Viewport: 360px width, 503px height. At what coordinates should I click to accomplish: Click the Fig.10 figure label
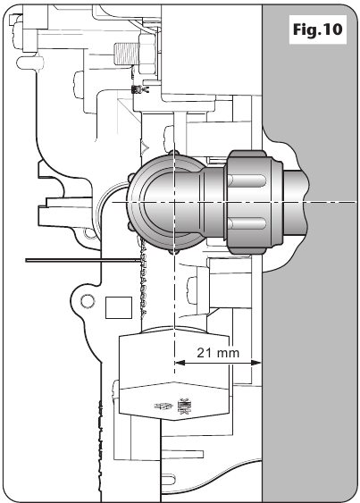coord(317,29)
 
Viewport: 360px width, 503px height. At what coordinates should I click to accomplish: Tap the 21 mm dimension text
coord(218,353)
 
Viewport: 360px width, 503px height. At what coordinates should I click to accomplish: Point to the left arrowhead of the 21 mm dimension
coord(180,363)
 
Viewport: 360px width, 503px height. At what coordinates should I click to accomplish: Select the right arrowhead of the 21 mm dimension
coord(255,363)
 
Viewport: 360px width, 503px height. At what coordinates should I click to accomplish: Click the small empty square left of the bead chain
coord(119,307)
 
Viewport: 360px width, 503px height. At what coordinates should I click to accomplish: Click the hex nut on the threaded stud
coord(147,54)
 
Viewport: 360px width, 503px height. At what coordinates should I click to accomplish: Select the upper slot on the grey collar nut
coord(248,180)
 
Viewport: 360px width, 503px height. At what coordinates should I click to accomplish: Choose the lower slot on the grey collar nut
coord(248,223)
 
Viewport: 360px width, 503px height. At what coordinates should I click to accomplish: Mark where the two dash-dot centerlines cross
coord(174,202)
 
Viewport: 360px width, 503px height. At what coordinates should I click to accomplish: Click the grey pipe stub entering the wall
coord(295,202)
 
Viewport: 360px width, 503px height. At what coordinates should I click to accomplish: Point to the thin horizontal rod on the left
coord(83,260)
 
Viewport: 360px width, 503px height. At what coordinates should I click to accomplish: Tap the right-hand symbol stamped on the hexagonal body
coord(183,407)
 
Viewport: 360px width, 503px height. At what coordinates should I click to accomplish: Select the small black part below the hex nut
coord(136,89)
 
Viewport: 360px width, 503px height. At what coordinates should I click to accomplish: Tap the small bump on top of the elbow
coord(174,153)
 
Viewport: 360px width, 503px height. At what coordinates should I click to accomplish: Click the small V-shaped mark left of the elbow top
coord(146,147)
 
